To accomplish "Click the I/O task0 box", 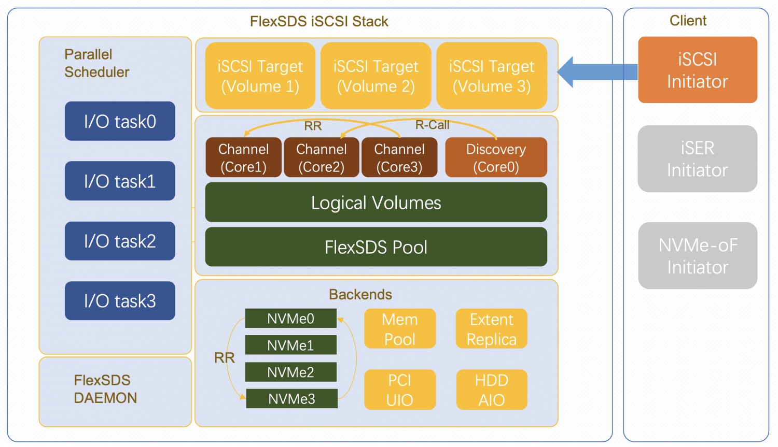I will (120, 121).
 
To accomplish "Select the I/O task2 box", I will (120, 241).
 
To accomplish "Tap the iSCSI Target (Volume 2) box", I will (376, 76).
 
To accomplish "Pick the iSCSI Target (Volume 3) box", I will (491, 76).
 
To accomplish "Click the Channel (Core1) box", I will (243, 157).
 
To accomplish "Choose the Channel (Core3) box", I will (399, 157).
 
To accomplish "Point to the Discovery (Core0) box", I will (496, 157).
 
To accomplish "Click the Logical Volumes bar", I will (376, 203).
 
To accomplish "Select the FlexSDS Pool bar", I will (376, 247).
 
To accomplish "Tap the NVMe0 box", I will (290, 319).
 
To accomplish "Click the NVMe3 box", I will (291, 399).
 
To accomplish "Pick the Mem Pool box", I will (399, 329).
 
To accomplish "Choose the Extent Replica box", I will (491, 329).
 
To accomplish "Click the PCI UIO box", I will (399, 390).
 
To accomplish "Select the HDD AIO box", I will (492, 390).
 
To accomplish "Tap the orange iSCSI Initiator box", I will (697, 70).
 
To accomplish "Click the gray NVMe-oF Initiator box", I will (697, 256).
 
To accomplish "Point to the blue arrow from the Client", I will (596, 72).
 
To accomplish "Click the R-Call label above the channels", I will (432, 125).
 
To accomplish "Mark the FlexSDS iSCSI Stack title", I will (319, 21).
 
